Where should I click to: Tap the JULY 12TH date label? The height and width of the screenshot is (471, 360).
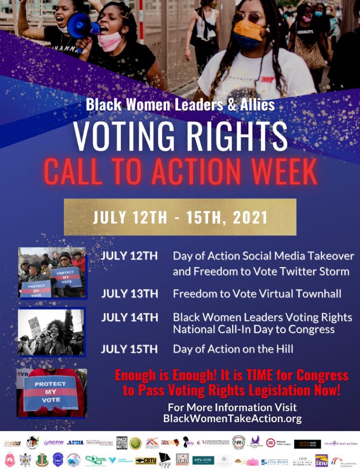(x=129, y=256)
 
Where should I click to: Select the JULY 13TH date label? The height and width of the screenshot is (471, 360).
(x=129, y=294)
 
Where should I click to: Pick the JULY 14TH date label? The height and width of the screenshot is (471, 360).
(x=129, y=317)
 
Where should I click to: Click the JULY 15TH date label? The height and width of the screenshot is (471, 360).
(x=129, y=349)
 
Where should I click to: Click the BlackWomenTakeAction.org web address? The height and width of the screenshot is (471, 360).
(x=232, y=418)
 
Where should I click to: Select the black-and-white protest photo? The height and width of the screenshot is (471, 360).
(x=51, y=332)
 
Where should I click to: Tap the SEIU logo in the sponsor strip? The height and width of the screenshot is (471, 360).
(x=322, y=460)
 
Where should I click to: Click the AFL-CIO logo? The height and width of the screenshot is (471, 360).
(x=203, y=460)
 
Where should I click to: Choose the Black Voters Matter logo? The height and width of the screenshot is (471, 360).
(x=122, y=442)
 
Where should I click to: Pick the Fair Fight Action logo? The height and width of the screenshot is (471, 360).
(x=341, y=444)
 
